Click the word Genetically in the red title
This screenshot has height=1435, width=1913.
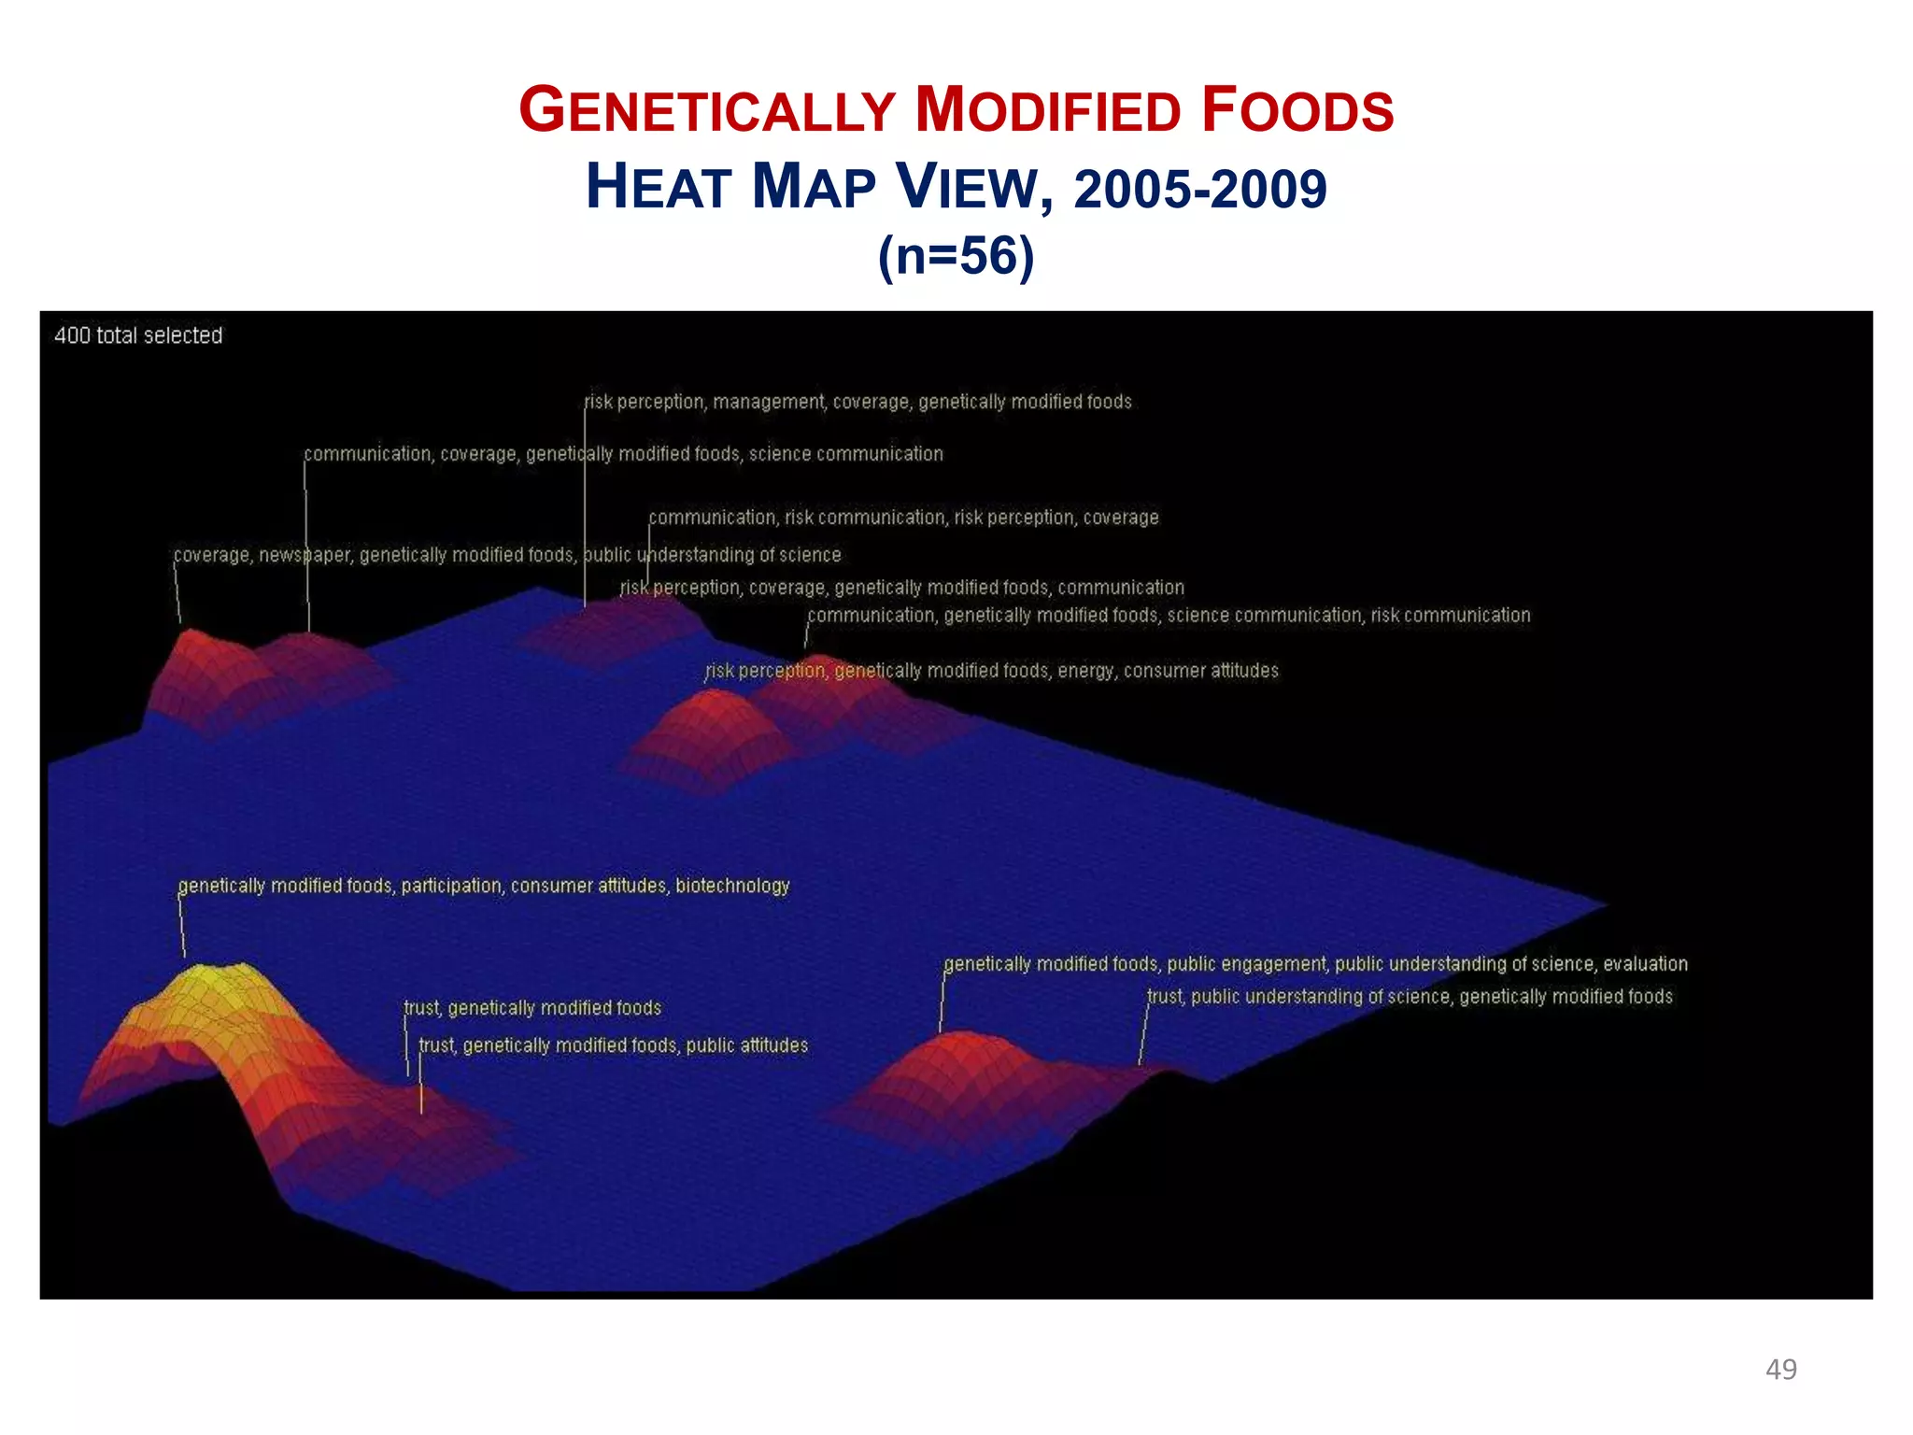(707, 110)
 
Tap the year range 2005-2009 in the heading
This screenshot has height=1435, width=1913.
(1200, 188)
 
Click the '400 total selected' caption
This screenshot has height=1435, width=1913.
(138, 335)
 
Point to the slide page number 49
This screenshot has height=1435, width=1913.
(1780, 1369)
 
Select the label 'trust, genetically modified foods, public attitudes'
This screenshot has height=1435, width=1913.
(613, 1045)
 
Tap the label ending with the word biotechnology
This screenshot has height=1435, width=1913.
(484, 885)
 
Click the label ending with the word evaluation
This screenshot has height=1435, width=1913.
(1315, 963)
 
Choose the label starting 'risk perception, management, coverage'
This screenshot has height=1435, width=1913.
(857, 402)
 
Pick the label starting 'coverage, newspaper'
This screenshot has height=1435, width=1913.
(507, 555)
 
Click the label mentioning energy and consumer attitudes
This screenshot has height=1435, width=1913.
(991, 671)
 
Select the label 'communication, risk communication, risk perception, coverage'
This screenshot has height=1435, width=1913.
(903, 518)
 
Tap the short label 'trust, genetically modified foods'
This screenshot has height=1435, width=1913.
(532, 1008)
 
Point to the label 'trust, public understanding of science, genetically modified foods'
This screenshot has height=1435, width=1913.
(1410, 997)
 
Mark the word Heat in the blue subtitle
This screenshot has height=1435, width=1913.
(659, 188)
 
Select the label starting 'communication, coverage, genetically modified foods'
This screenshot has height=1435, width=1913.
(623, 454)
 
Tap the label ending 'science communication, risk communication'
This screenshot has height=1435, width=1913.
(1169, 616)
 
